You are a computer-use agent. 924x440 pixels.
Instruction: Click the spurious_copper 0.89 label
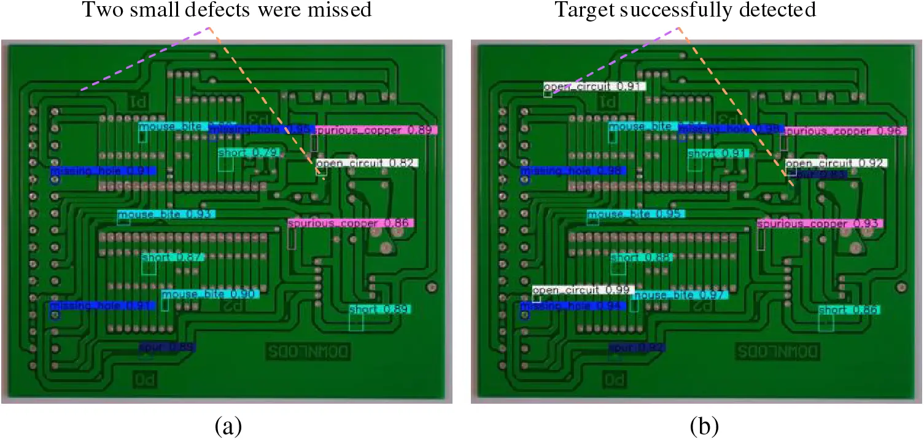pyautogui.click(x=376, y=131)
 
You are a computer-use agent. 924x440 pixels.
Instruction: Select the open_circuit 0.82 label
pyautogui.click(x=367, y=163)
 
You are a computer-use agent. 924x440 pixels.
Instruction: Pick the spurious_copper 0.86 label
pyautogui.click(x=351, y=223)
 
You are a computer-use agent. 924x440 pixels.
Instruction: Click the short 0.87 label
pyautogui.click(x=172, y=257)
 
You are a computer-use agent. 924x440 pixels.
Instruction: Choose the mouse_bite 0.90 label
pyautogui.click(x=210, y=294)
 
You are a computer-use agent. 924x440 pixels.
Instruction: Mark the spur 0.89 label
pyautogui.click(x=168, y=348)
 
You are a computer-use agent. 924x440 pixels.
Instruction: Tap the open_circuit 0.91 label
pyautogui.click(x=594, y=87)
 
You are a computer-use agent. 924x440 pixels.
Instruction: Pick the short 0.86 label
pyautogui.click(x=850, y=310)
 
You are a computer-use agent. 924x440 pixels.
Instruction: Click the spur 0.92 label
pyautogui.click(x=637, y=348)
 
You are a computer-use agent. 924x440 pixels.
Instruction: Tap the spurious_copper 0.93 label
pyautogui.click(x=820, y=223)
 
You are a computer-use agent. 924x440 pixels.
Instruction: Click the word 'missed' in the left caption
pyautogui.click(x=341, y=11)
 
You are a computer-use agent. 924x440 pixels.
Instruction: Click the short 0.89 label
pyautogui.click(x=379, y=310)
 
